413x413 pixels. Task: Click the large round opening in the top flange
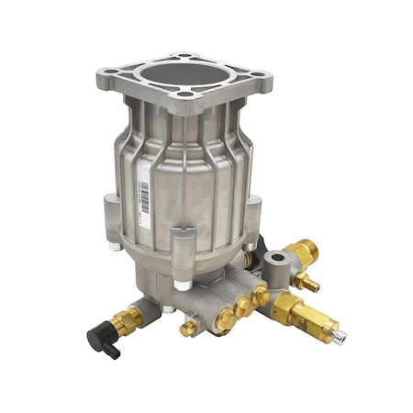pos(184,79)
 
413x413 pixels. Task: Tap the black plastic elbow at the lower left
pos(99,340)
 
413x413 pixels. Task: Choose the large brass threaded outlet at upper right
pos(303,252)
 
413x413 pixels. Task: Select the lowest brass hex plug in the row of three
pos(224,320)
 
